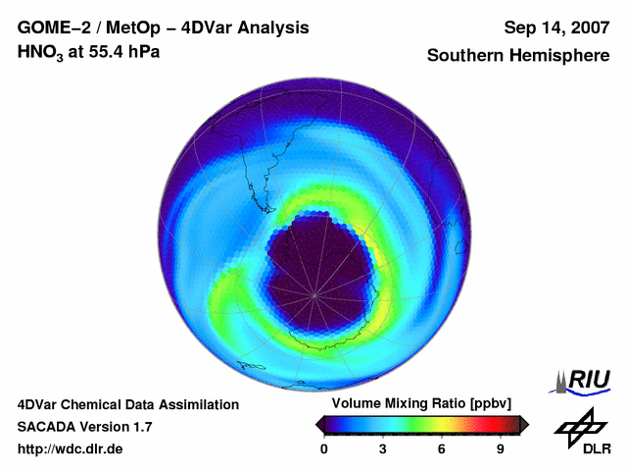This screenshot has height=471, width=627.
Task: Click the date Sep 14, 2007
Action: click(x=555, y=27)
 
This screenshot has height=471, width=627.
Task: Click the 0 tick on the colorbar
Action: click(x=324, y=448)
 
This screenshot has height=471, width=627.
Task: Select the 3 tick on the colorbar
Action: click(x=383, y=448)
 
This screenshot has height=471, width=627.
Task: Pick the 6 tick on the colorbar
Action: click(x=442, y=448)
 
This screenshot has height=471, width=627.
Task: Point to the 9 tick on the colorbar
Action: click(x=500, y=448)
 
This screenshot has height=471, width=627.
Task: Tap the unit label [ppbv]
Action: click(x=491, y=404)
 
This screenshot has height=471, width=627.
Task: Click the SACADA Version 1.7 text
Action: click(x=84, y=427)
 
